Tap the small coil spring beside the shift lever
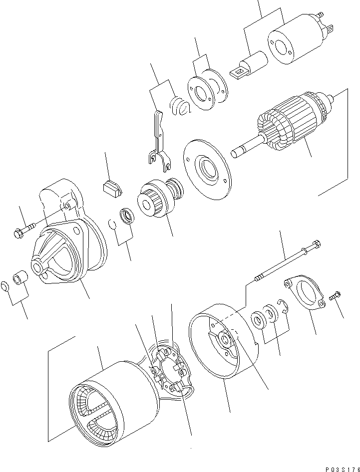coord(179,106)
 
